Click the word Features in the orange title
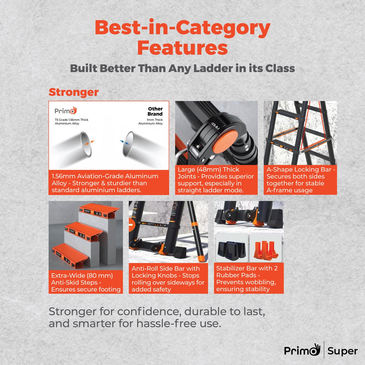point(182,48)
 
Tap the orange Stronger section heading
point(74,92)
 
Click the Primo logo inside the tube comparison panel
point(65,111)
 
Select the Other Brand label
point(155,111)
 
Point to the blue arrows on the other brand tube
point(124,142)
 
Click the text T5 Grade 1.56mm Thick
point(71,120)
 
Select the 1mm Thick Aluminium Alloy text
point(151,121)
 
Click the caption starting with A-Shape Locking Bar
point(300,180)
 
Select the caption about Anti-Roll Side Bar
point(168,279)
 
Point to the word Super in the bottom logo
point(343,351)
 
